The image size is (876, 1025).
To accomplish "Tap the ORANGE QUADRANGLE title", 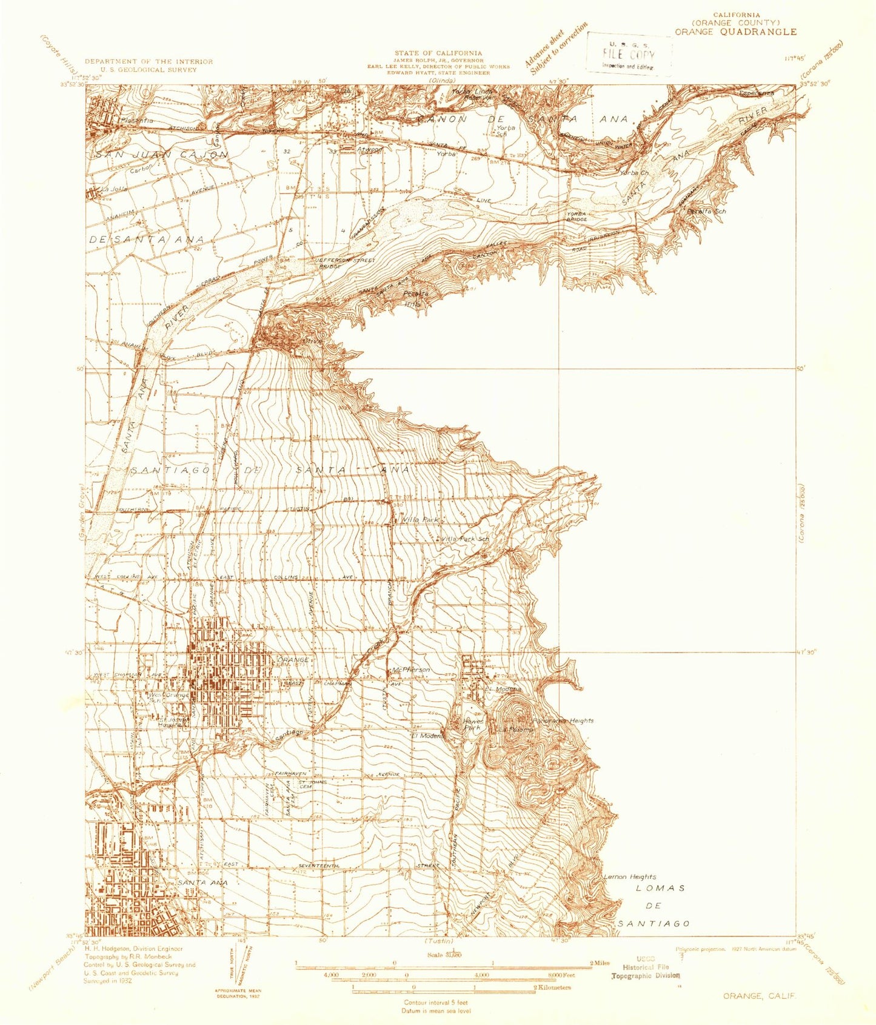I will click(x=735, y=32).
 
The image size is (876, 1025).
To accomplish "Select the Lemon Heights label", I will click(x=629, y=876).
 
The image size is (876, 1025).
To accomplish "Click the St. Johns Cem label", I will click(x=312, y=784).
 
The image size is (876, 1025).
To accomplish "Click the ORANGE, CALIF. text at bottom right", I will click(x=759, y=996).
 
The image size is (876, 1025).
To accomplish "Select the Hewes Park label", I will click(x=473, y=724).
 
